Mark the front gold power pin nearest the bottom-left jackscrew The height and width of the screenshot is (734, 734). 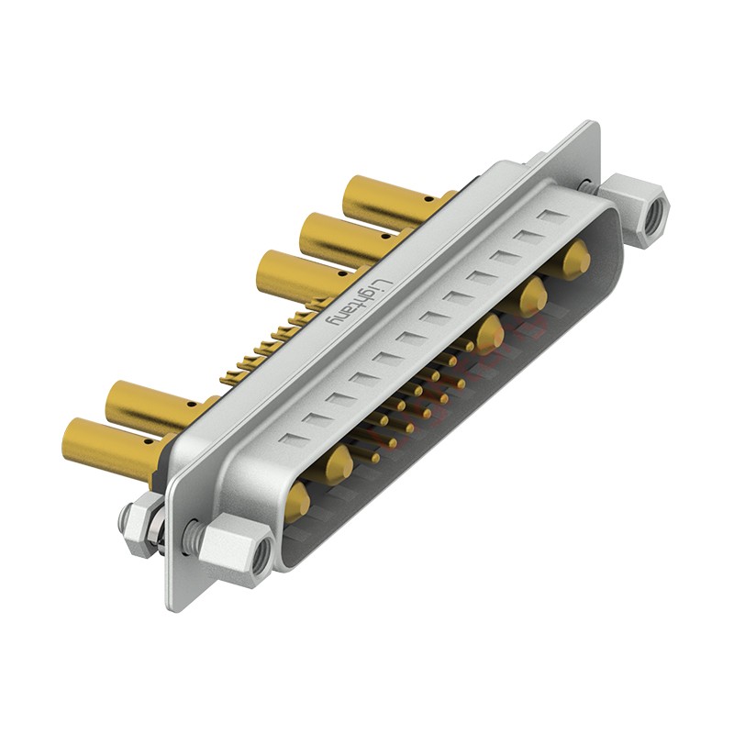coord(296,502)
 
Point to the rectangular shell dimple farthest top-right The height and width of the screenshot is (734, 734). coord(552,218)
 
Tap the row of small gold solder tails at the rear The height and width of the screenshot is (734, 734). coord(266,344)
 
